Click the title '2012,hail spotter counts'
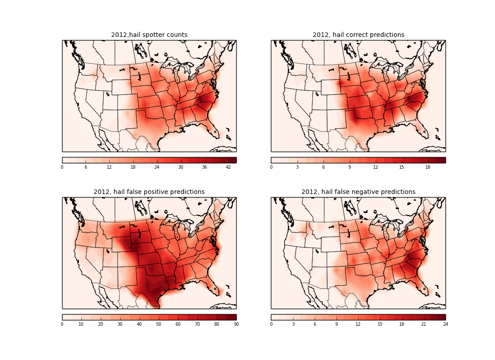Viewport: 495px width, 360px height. click(x=149, y=35)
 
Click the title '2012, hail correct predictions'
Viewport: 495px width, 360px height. click(x=358, y=35)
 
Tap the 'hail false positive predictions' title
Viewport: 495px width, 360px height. click(x=149, y=192)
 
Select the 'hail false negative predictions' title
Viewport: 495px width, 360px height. click(x=358, y=192)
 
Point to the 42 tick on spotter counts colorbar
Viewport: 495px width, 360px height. click(x=228, y=167)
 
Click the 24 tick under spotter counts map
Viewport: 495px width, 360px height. click(x=157, y=167)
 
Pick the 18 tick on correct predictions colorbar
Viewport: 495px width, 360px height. click(x=428, y=167)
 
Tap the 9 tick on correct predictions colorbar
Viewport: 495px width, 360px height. click(x=350, y=167)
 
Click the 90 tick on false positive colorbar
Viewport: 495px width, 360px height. click(x=236, y=324)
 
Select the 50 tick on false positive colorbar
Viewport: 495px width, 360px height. click(x=159, y=324)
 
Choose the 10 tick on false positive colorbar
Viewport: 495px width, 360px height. click(x=81, y=324)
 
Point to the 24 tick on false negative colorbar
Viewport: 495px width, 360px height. click(x=445, y=324)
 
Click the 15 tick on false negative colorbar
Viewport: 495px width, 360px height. click(x=380, y=324)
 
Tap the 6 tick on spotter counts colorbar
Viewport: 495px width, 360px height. click(x=86, y=167)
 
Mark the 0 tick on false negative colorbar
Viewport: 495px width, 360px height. click(x=271, y=324)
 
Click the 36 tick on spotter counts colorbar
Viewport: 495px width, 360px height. click(x=205, y=167)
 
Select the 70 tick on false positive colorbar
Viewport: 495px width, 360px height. click(x=198, y=324)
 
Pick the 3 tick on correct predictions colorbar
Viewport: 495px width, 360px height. click(x=297, y=167)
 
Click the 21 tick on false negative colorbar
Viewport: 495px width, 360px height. click(x=423, y=324)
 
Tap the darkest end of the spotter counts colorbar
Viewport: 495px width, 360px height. click(x=233, y=160)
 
